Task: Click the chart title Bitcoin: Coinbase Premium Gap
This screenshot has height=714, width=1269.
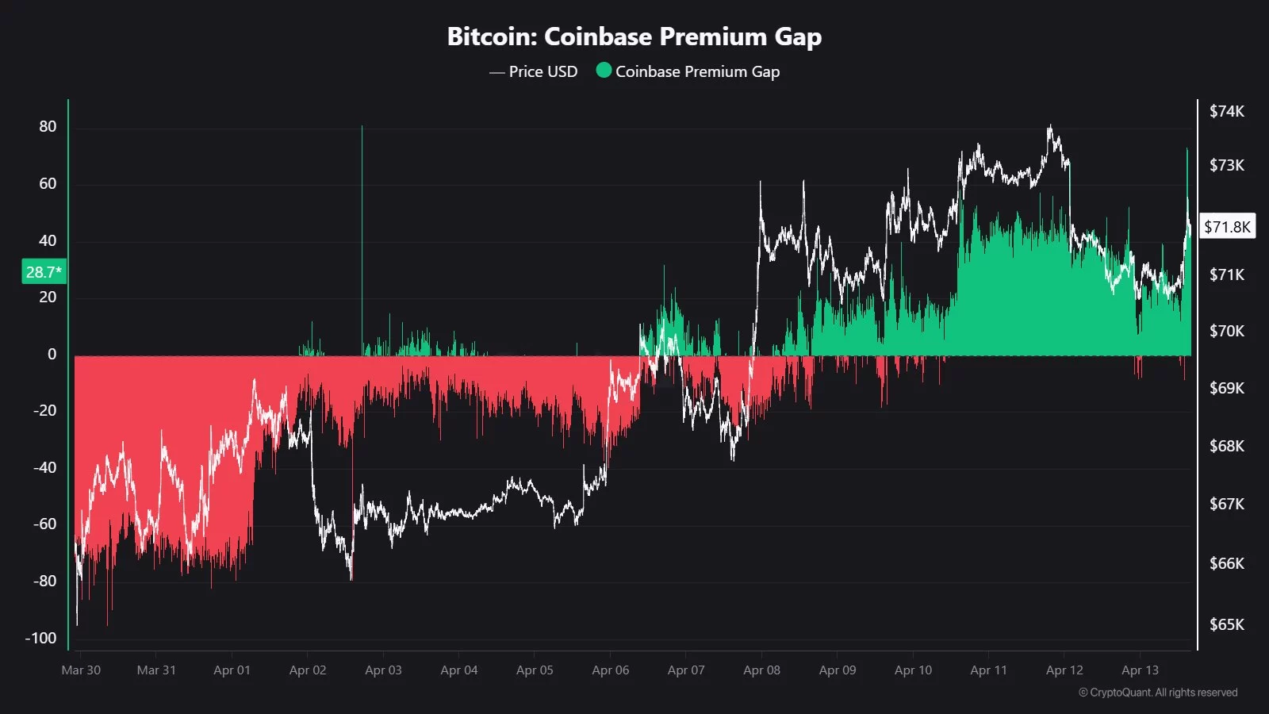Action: click(634, 36)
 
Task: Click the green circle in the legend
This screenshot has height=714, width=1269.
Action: click(604, 71)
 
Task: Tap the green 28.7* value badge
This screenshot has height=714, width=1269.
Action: click(44, 272)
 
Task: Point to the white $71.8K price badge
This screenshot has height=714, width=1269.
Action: click(1227, 227)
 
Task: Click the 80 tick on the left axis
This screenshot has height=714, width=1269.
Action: click(48, 127)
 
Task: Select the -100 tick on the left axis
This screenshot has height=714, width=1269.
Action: click(41, 638)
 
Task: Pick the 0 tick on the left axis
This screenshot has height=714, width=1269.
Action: click(52, 354)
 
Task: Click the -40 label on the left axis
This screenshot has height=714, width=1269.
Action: click(44, 467)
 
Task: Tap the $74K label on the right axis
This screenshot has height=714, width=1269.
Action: click(1226, 111)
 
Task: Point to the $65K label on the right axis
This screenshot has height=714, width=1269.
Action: click(1226, 624)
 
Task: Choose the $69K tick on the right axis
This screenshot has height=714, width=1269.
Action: click(1226, 388)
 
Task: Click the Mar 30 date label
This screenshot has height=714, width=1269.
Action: click(81, 670)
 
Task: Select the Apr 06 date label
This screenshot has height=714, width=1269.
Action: click(611, 670)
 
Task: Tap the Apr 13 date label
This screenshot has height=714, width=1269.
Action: click(1140, 670)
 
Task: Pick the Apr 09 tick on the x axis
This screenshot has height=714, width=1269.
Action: click(838, 670)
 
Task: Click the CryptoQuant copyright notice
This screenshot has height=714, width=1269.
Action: click(1157, 693)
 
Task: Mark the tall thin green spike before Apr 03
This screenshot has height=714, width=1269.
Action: click(362, 238)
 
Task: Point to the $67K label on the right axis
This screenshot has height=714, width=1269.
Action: click(1226, 504)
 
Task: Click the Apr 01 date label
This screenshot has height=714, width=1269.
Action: click(232, 670)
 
